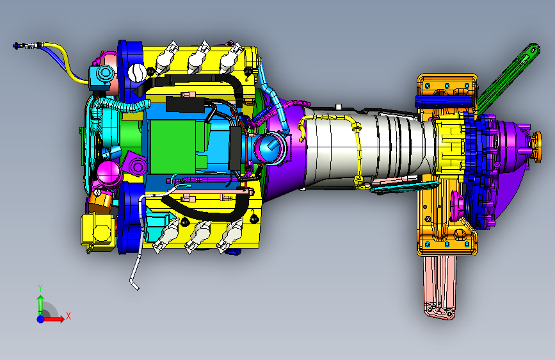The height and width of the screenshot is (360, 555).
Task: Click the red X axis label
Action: (x=68, y=316)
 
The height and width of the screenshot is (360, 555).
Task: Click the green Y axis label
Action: (x=40, y=288)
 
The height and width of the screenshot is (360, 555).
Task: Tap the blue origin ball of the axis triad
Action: (x=41, y=319)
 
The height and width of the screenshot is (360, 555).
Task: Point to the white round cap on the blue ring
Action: (x=137, y=72)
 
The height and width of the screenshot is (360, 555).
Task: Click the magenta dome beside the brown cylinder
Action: (x=108, y=173)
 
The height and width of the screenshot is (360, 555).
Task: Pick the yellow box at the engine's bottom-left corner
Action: (x=98, y=231)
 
